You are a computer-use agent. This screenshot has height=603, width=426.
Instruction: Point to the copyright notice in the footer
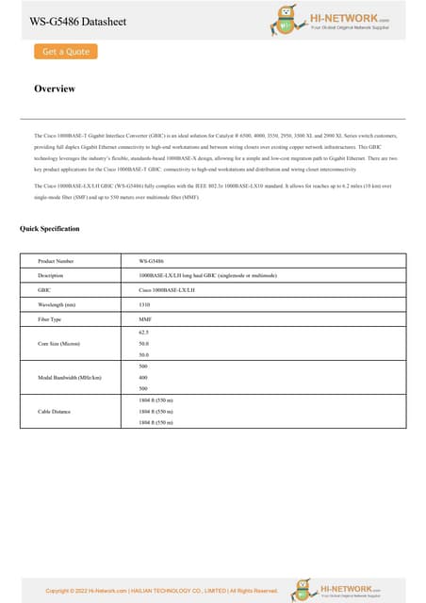click(161, 591)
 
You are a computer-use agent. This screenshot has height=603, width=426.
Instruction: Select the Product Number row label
click(56, 260)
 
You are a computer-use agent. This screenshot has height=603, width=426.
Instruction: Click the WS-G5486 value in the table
click(151, 260)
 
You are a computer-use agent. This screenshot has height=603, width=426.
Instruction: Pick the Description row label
click(50, 275)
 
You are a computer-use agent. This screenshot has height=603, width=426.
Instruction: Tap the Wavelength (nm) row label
click(57, 305)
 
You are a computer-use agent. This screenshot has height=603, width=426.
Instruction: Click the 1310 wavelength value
click(144, 305)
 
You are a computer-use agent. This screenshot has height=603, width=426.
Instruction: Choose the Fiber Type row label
click(50, 320)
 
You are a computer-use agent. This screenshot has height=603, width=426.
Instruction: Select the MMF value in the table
click(144, 320)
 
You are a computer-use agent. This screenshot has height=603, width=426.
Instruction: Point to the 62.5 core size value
click(144, 333)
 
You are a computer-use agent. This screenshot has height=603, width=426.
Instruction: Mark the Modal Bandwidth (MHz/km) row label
click(69, 377)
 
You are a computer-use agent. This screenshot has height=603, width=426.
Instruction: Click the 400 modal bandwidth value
click(143, 377)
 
